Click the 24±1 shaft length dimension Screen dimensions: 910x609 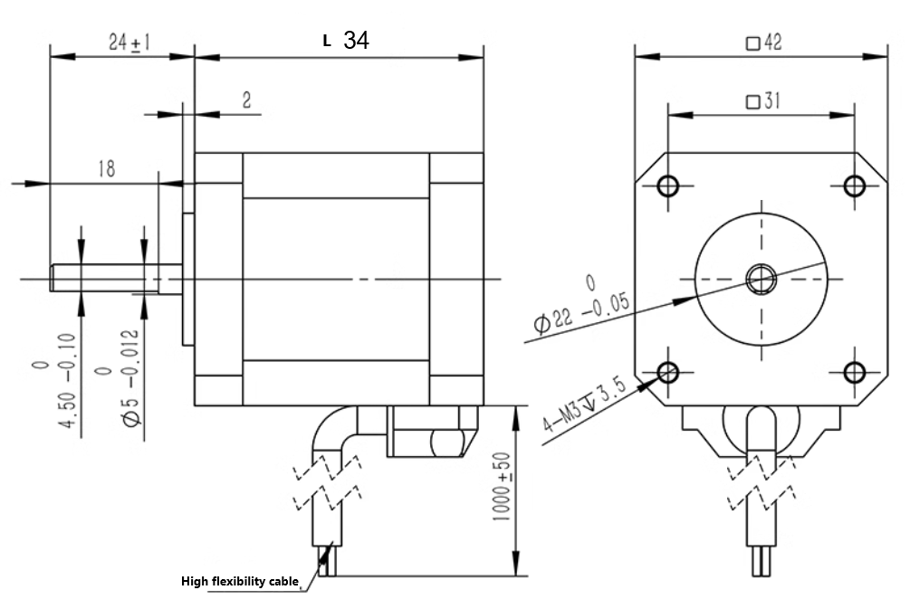129,43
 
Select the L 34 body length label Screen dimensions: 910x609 346,40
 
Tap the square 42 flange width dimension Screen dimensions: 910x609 763,43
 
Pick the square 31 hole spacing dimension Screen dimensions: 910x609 762,101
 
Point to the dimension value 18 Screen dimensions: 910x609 106,169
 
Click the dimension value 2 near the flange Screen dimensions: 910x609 246,100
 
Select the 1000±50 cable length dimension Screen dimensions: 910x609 502,486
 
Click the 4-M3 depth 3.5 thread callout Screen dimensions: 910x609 584,404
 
